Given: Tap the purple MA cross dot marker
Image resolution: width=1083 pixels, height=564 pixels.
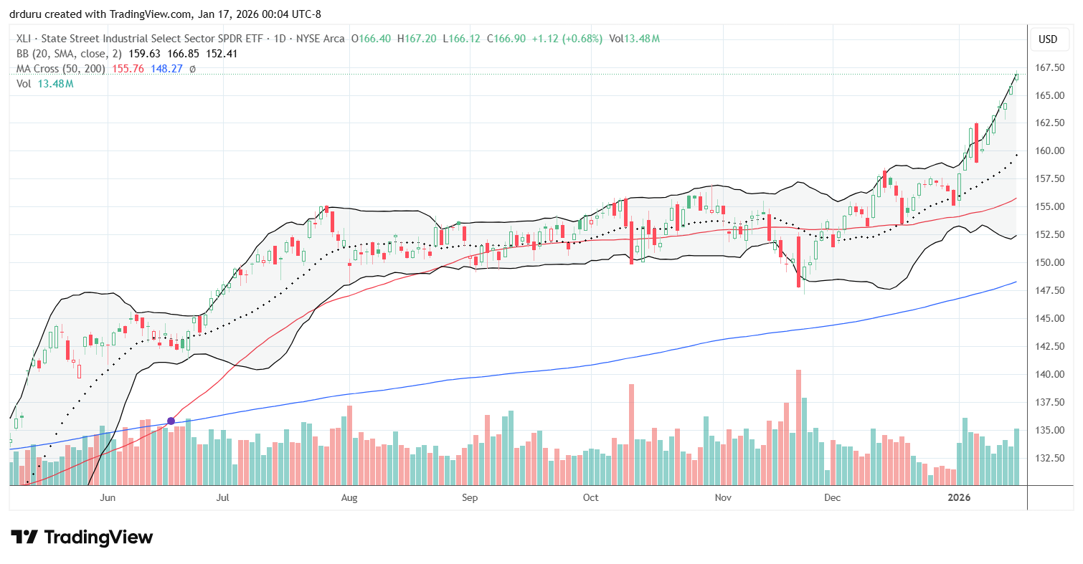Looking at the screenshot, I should pos(171,421).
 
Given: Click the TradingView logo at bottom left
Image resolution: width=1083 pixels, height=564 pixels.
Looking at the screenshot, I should pos(82,537).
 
